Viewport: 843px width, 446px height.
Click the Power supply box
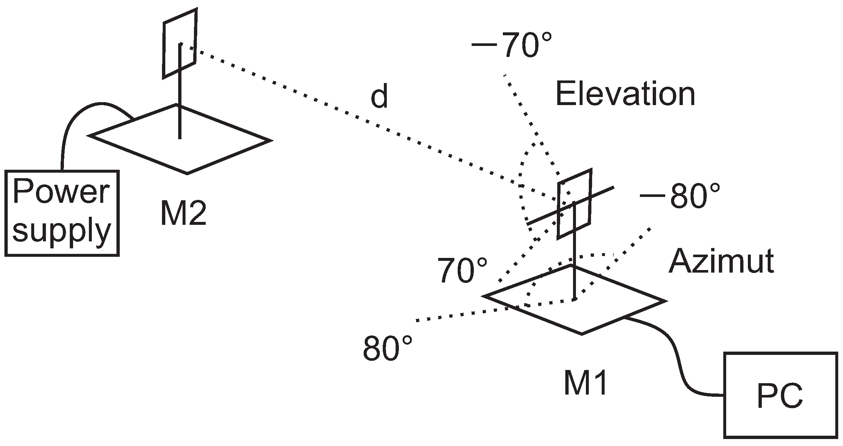[62, 213]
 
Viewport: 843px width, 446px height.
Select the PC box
[780, 395]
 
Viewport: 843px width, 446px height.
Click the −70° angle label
[511, 46]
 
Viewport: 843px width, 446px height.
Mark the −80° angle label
[680, 196]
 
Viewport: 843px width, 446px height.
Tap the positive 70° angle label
[462, 271]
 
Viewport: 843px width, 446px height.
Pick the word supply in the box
[61, 230]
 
